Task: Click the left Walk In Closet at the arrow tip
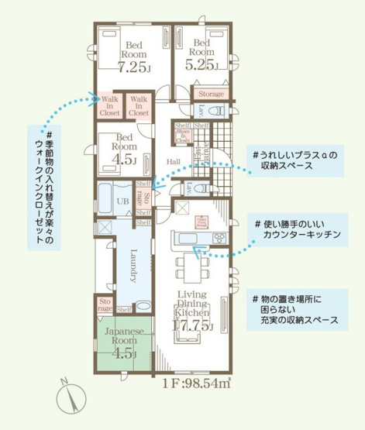click(108, 106)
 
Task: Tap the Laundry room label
click(133, 264)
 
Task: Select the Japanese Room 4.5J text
click(120, 342)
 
